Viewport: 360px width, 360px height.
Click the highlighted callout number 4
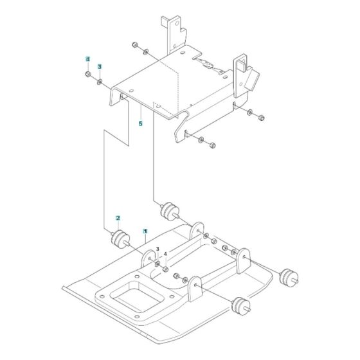[x=86, y=59]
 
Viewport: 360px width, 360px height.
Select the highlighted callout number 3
[x=100, y=66]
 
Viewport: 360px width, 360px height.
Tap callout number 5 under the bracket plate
[x=140, y=124]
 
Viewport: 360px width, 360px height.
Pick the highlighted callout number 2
[x=118, y=219]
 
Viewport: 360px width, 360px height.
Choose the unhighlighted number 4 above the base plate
[x=165, y=255]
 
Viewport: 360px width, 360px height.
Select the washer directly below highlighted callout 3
[x=100, y=81]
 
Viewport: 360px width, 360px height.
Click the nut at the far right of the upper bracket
[x=261, y=117]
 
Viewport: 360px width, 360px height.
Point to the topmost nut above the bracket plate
[x=135, y=44]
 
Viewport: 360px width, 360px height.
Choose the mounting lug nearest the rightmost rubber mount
[x=244, y=261]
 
